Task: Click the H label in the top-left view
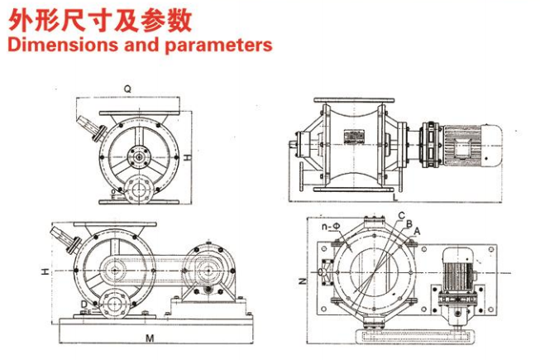(x=188, y=156)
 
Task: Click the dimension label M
(x=149, y=338)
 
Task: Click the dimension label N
(x=302, y=281)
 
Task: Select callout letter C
(x=399, y=217)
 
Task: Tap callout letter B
(x=408, y=224)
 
